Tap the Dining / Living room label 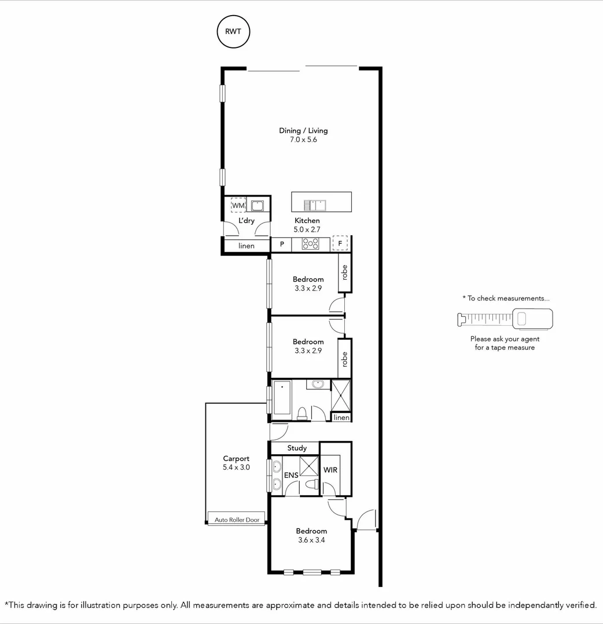tap(303, 131)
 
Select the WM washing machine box tap(238, 205)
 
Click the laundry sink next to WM tap(257, 205)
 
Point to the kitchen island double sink tap(316, 205)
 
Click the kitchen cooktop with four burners tap(311, 244)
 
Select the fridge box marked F tap(340, 243)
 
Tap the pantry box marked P tap(282, 244)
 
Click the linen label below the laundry tap(247, 246)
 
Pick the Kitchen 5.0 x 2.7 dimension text tap(307, 229)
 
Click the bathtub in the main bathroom tap(282, 398)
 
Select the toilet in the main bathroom tap(301, 413)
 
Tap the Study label tap(297, 448)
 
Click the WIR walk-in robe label tap(330, 470)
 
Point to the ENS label tap(291, 475)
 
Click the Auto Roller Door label tap(237, 519)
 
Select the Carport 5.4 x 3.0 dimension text tap(236, 467)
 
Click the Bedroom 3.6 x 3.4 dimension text tap(311, 540)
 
